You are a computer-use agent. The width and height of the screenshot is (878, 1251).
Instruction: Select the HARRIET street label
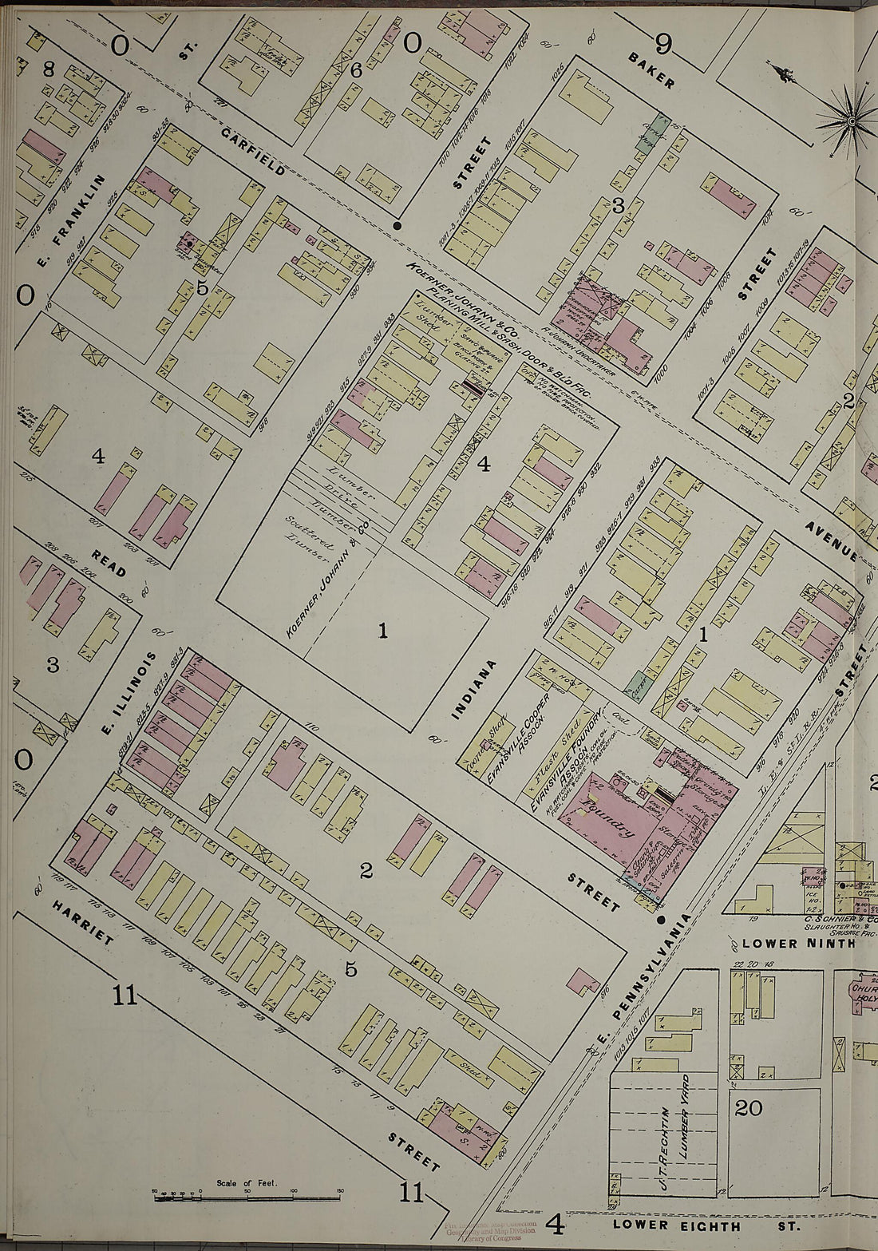(82, 923)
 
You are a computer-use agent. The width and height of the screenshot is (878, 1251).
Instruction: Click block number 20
(748, 1108)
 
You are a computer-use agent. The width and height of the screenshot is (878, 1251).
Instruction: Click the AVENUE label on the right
(832, 540)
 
